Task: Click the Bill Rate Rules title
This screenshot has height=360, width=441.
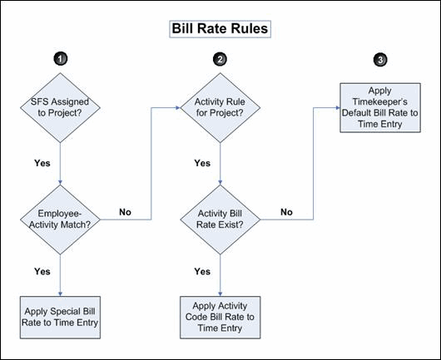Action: tap(220, 28)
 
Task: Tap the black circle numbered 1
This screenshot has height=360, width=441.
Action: tap(61, 59)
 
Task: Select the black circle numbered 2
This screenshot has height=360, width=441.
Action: tap(220, 59)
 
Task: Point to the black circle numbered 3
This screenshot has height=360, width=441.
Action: tap(380, 60)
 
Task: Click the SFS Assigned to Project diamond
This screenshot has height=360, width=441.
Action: tap(60, 107)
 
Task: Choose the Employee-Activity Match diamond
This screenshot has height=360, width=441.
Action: tap(60, 219)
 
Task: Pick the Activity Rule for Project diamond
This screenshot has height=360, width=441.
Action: tap(220, 107)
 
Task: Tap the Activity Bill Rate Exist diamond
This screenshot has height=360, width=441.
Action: tap(220, 219)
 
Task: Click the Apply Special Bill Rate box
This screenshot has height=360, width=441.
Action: tap(60, 318)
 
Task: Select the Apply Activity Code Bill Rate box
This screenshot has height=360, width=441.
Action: tap(220, 318)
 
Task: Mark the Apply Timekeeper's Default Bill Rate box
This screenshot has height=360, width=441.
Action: tap(380, 107)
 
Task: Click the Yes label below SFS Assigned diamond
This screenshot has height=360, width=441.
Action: tap(42, 163)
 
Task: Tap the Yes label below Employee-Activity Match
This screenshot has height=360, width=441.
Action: tap(42, 272)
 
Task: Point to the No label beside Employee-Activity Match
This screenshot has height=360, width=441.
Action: tap(125, 212)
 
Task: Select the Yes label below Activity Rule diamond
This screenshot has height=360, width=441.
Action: tap(202, 163)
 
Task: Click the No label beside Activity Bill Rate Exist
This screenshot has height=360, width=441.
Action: tap(286, 212)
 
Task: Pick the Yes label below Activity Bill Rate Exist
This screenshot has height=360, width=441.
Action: tap(202, 272)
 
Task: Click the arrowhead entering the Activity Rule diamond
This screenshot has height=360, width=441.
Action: tap(178, 107)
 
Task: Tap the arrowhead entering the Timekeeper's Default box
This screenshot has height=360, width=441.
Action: tap(338, 107)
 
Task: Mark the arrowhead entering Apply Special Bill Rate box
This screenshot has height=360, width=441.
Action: tap(60, 294)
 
